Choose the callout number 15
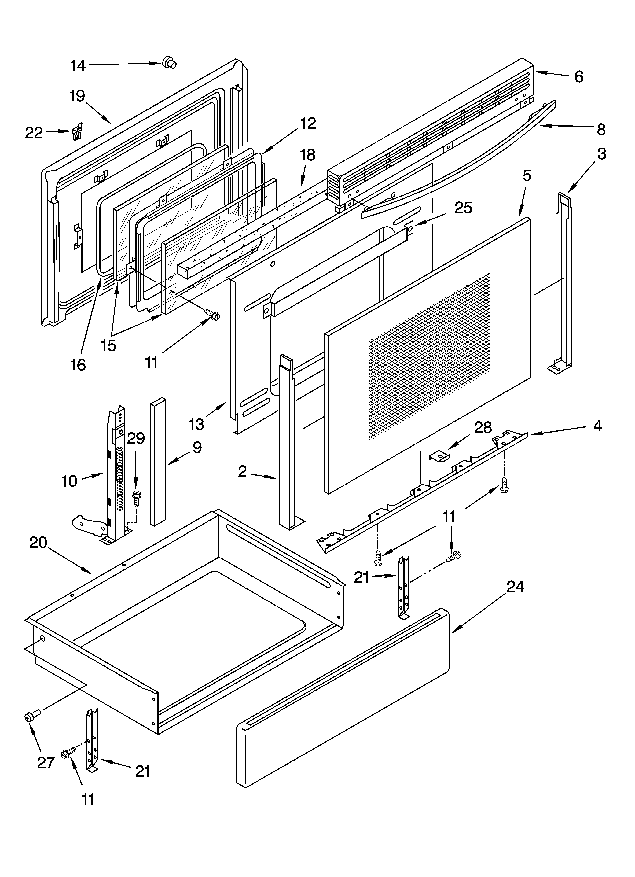tap(109, 345)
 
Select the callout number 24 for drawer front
tap(515, 587)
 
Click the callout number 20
tap(38, 543)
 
